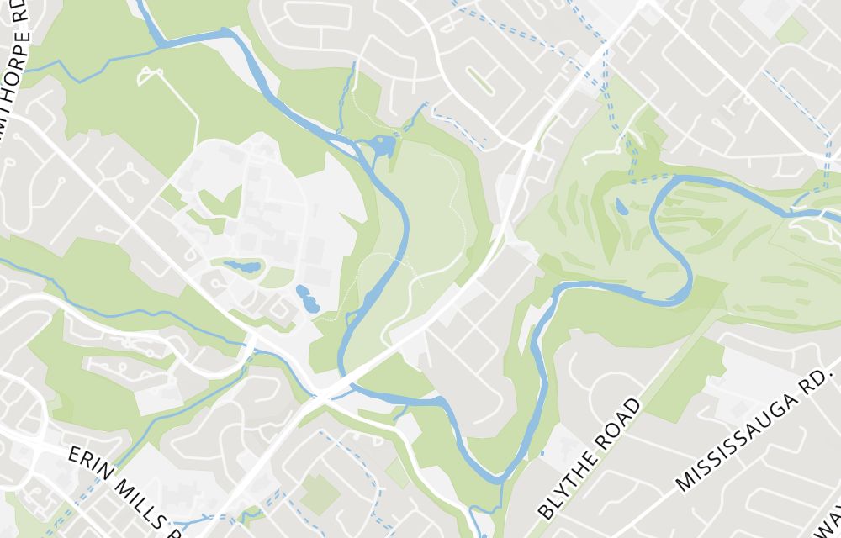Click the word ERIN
pyautogui.click(x=86, y=462)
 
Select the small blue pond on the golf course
pyautogui.click(x=621, y=206)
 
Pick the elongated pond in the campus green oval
pyautogui.click(x=241, y=267)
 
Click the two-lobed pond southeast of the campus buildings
pyautogui.click(x=307, y=299)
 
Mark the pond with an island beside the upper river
pyautogui.click(x=381, y=148)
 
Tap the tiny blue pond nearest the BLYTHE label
pyautogui.click(x=542, y=454)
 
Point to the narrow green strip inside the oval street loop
pyautogui.click(x=481, y=82)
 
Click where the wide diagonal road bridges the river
pyautogui.click(x=346, y=382)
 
